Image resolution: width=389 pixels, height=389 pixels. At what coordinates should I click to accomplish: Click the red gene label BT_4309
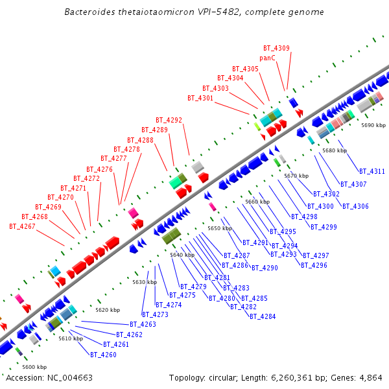point(276,48)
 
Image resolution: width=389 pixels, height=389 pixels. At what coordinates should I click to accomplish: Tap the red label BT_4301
point(200,98)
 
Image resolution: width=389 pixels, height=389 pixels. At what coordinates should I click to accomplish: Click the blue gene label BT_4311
point(372,171)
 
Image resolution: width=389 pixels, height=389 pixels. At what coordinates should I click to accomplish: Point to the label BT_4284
point(263,316)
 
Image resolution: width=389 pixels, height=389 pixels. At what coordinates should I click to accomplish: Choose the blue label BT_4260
point(103,355)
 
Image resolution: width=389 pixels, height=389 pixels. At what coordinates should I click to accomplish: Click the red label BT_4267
point(22,226)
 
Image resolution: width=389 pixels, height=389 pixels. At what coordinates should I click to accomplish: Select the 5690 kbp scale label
point(373,125)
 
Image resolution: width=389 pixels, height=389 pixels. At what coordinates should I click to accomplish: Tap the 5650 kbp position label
point(219,228)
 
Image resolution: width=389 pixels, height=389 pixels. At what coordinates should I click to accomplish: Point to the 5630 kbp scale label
point(145,282)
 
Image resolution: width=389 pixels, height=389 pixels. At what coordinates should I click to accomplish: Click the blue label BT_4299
point(324,227)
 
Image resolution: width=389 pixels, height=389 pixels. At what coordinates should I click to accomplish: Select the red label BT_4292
point(169,120)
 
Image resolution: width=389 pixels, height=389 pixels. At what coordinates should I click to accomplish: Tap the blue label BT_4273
point(155,314)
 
